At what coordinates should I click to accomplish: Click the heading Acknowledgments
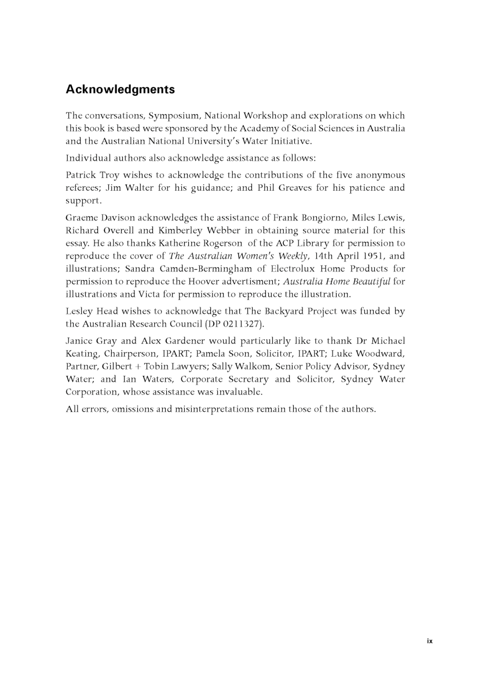[x=120, y=90]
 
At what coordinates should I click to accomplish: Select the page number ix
[x=429, y=641]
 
